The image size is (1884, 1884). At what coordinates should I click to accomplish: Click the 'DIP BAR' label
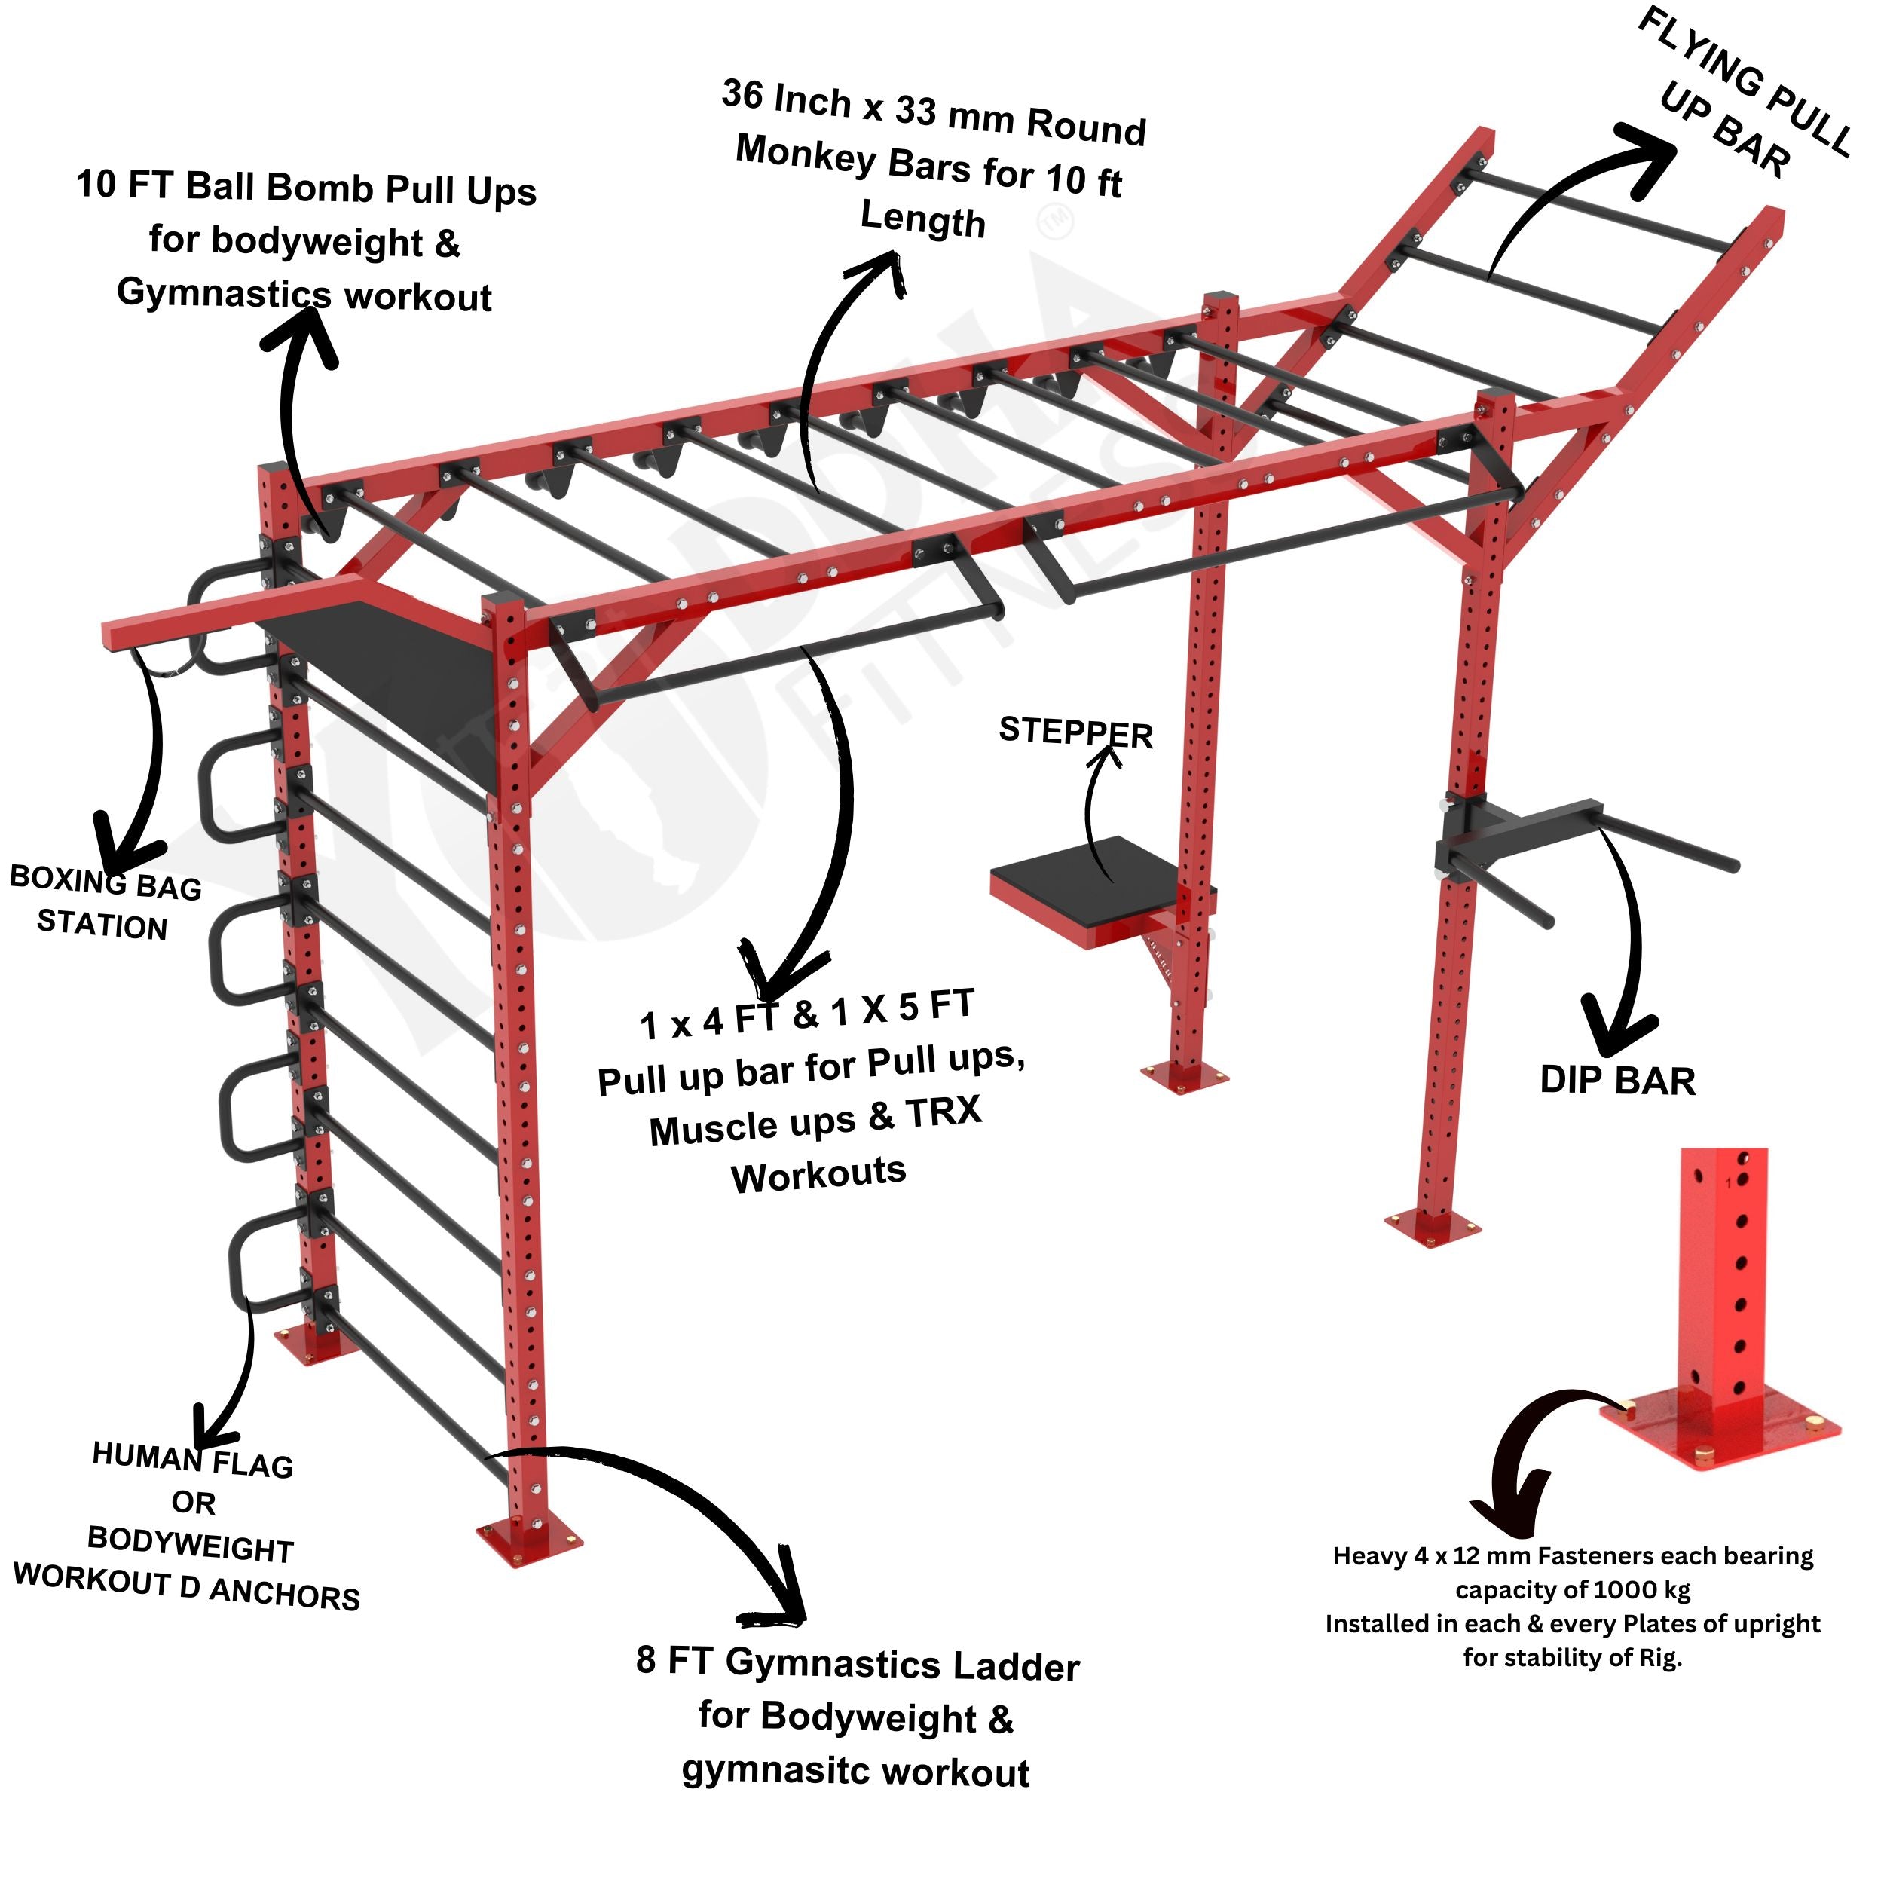(1616, 1081)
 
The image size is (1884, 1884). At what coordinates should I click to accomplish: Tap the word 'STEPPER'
(1075, 732)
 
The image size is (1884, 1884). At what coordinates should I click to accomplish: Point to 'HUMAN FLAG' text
(192, 1460)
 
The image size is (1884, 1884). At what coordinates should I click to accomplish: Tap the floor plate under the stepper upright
(1184, 1077)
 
